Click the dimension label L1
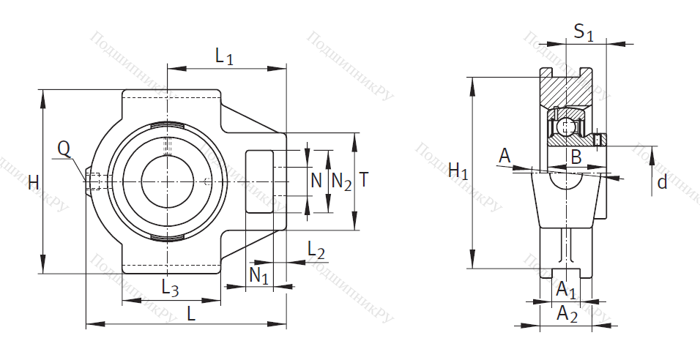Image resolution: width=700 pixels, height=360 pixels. (224, 56)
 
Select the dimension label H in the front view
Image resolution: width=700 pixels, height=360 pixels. (33, 183)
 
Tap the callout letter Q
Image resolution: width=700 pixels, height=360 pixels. (64, 149)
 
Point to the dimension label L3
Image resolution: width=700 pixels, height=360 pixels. (169, 288)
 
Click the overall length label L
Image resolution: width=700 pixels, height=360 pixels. (190, 313)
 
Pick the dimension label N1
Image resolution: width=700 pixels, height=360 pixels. (258, 275)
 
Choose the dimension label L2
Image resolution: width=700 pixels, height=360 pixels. (316, 250)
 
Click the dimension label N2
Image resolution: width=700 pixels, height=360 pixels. (341, 181)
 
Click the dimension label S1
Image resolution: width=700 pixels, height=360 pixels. (584, 31)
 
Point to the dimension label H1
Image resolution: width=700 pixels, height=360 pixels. (458, 172)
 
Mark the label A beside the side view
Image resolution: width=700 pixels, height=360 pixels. (504, 155)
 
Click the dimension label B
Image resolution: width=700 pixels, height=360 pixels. (576, 156)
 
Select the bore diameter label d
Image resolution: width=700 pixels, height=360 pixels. (662, 182)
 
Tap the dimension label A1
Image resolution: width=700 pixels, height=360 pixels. (566, 290)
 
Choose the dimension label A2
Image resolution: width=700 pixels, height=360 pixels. (567, 314)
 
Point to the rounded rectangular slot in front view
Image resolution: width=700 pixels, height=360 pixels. (259, 181)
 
